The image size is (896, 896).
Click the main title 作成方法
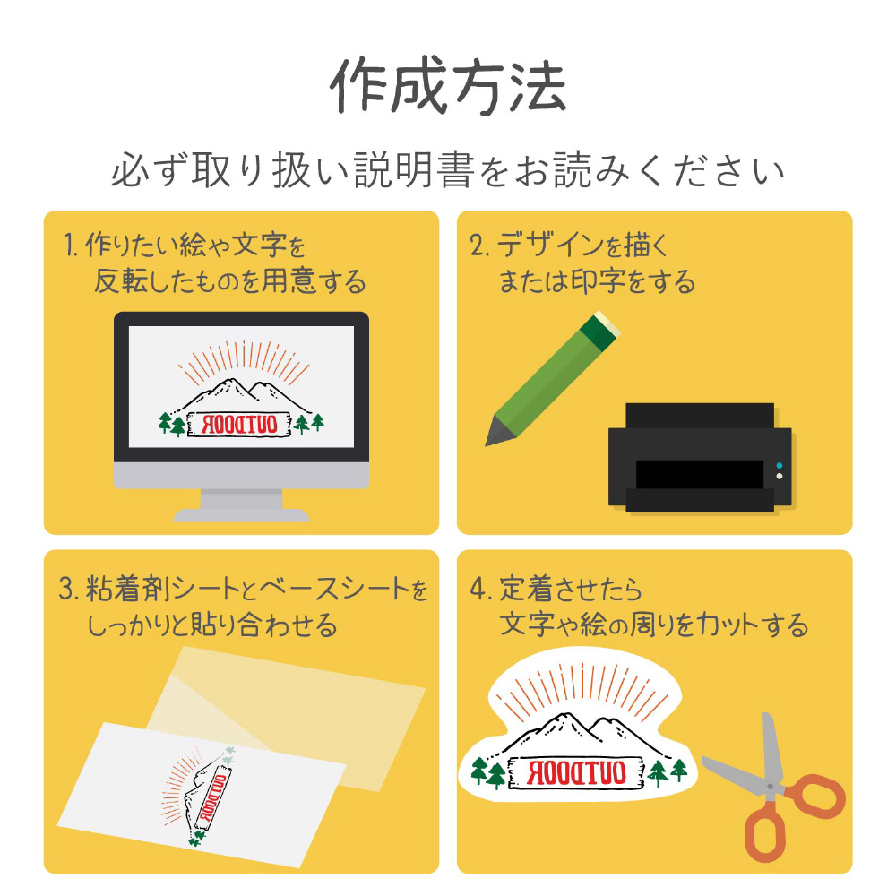[449, 86]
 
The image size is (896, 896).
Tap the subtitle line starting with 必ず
[449, 170]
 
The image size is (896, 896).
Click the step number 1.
[70, 246]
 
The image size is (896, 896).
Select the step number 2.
[478, 246]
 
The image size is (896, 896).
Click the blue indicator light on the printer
[780, 466]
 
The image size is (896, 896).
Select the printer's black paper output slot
[700, 474]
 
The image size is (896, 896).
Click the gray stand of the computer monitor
[241, 505]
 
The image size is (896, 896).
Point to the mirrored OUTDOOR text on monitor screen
[240, 425]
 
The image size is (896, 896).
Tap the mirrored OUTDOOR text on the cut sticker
[576, 772]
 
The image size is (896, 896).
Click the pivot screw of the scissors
[771, 787]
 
